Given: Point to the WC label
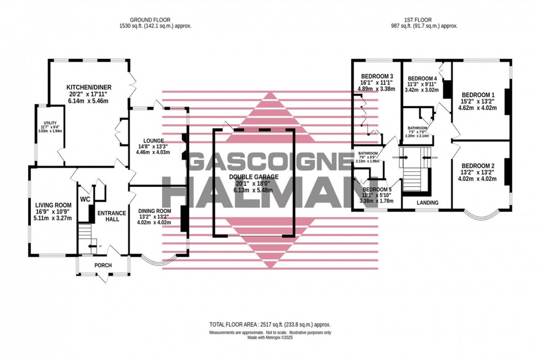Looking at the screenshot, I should click(x=85, y=199).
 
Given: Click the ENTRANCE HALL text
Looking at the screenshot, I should click(x=112, y=216).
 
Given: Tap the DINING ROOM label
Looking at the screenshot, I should click(x=154, y=211).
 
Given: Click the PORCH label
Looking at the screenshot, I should click(x=103, y=265).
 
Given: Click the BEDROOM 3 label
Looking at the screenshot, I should click(x=377, y=77).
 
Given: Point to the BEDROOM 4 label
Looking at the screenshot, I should click(x=422, y=78).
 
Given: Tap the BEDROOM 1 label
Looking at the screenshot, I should click(x=478, y=95).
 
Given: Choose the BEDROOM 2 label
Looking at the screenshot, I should click(x=478, y=166).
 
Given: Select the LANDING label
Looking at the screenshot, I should click(x=428, y=203).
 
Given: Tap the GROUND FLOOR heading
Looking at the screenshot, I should click(x=155, y=19).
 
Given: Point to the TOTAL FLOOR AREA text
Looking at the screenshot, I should click(x=269, y=325).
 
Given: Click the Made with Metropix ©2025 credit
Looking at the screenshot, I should click(x=269, y=337).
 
